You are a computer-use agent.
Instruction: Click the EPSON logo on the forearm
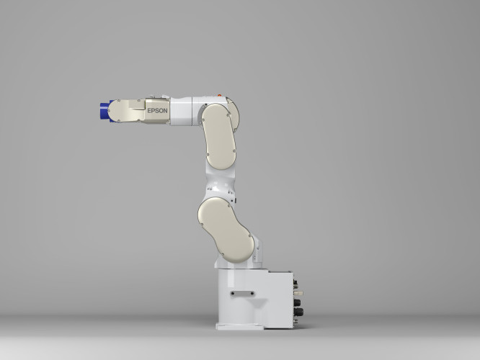(x=157, y=111)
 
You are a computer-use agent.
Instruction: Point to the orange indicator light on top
(x=220, y=96)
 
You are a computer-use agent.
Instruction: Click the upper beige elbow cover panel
(x=219, y=136)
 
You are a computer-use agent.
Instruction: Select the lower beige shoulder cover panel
(x=226, y=230)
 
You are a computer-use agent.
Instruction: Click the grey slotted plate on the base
(x=242, y=293)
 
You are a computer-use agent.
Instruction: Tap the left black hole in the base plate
(x=233, y=293)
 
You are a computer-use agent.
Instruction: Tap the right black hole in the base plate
(x=252, y=293)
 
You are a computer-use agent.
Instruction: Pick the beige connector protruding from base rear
(x=298, y=293)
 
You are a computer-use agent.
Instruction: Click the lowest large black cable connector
(x=298, y=312)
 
